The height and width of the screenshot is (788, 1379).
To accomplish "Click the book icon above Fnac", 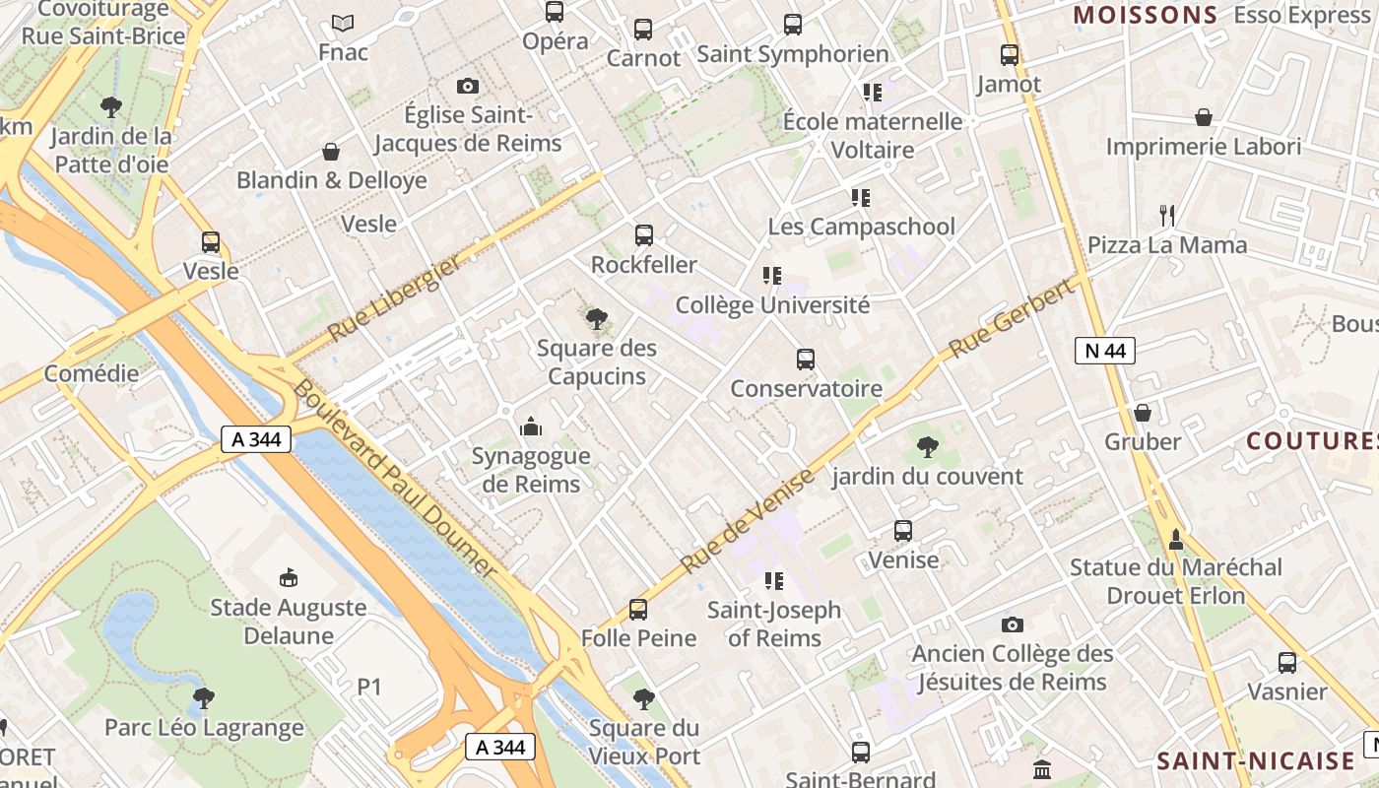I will (343, 23).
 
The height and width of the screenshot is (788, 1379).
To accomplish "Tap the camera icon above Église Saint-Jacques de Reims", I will (468, 87).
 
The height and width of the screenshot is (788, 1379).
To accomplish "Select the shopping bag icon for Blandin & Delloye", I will (331, 152).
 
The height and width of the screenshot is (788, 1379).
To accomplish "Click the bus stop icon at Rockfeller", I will (643, 235).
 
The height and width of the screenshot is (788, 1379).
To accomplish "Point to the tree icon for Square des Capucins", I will (596, 319).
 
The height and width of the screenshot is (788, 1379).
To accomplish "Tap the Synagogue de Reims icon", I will (531, 427).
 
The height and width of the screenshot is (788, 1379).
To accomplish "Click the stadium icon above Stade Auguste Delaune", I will (289, 577).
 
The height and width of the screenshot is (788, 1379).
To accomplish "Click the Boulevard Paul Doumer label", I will (393, 477).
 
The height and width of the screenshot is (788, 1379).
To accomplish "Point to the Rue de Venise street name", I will (748, 522).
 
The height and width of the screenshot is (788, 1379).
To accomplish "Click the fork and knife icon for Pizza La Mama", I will (1167, 215).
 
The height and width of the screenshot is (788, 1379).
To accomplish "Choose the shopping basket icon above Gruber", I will (1143, 412).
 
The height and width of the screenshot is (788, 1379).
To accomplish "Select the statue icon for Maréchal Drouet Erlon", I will (1175, 539).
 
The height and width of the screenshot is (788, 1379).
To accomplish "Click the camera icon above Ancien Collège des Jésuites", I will (1012, 624).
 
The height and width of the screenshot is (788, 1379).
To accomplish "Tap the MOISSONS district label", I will (1145, 15).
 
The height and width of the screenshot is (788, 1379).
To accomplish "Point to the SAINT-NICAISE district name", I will (1256, 760).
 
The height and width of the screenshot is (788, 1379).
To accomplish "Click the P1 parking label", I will (368, 687).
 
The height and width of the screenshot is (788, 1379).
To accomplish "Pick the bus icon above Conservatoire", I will (806, 360).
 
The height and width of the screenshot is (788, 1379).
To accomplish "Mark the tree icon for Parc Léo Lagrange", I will (204, 698).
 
